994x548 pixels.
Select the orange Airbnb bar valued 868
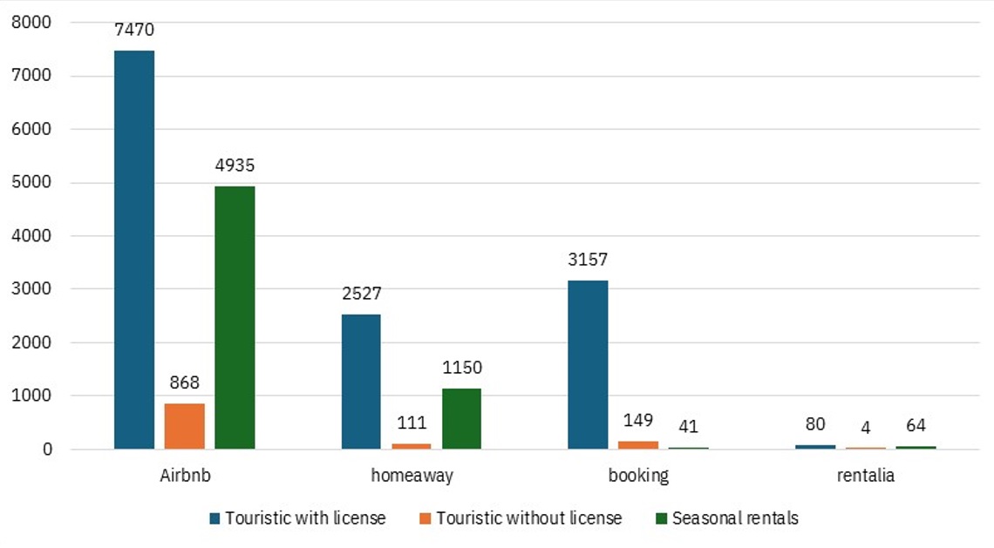point(184,426)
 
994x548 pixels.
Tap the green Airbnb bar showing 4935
point(235,317)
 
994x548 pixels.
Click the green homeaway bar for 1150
point(461,418)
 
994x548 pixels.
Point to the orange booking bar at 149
point(638,445)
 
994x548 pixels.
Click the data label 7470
point(134,30)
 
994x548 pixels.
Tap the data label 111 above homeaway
point(412,423)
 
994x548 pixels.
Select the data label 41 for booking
point(688,427)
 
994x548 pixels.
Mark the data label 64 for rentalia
point(915,426)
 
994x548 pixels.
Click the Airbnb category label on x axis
point(184,476)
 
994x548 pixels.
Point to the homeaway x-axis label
point(412,476)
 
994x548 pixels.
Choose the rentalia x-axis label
point(865,476)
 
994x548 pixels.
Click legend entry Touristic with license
point(297,518)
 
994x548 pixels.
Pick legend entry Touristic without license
point(521,518)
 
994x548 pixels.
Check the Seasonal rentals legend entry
point(726,518)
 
